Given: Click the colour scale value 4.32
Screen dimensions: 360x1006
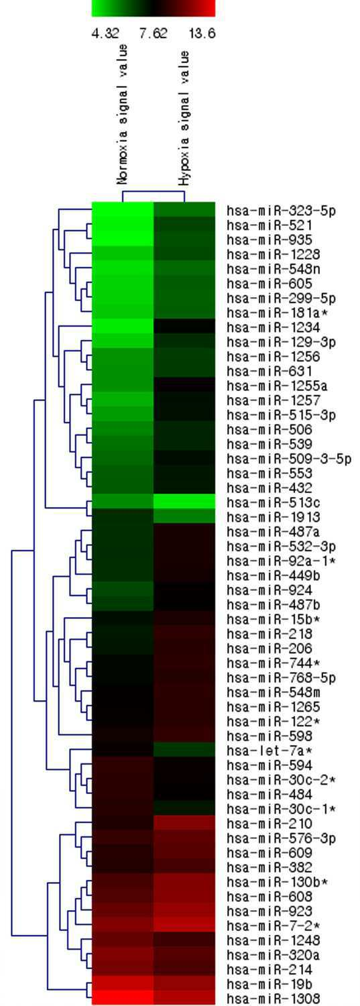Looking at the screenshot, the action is coord(105,34).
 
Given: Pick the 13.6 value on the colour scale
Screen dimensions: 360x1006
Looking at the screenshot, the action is coord(202,34).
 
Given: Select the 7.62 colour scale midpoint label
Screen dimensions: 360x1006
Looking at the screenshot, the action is coord(153,34).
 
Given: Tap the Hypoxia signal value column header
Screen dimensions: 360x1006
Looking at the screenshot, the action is coord(184,119).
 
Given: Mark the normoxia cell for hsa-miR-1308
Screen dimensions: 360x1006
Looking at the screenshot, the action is coord(123,997).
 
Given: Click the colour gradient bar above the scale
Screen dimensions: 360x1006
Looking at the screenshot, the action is coord(153,8).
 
